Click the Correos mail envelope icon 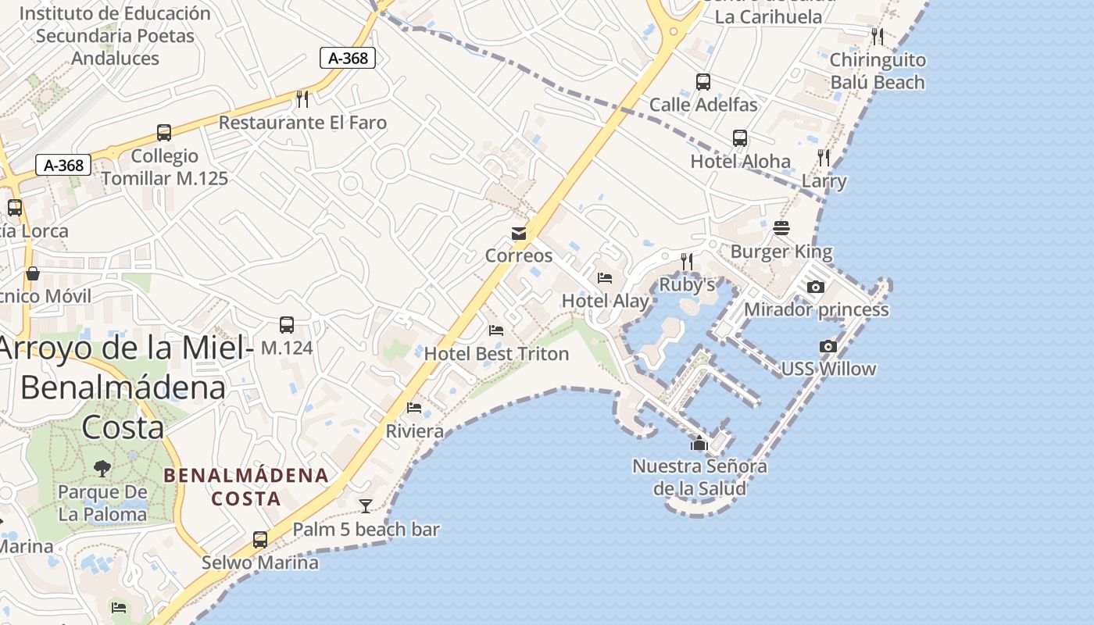[518, 233]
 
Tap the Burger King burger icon [781, 228]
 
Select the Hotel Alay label [606, 301]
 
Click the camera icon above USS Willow [828, 346]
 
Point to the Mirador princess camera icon [816, 287]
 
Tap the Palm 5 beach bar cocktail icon [365, 506]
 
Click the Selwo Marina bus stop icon [260, 539]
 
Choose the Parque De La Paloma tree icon [102, 469]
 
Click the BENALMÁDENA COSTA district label [245, 486]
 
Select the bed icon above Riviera [414, 408]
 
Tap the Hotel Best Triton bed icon [496, 330]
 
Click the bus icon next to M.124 [287, 325]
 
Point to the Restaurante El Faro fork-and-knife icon [302, 98]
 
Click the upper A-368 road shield [348, 58]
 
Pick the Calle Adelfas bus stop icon [703, 81]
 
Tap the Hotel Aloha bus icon [740, 138]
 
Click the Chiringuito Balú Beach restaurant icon [878, 36]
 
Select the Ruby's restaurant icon [687, 261]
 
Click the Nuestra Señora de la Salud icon [699, 444]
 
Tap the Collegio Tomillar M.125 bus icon [164, 133]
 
